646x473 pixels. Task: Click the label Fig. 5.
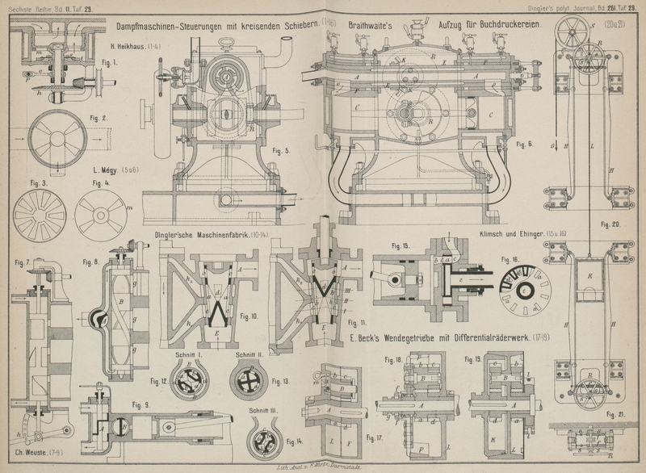(282, 150)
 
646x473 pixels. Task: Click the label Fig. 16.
(510, 260)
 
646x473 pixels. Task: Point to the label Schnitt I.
(188, 354)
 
